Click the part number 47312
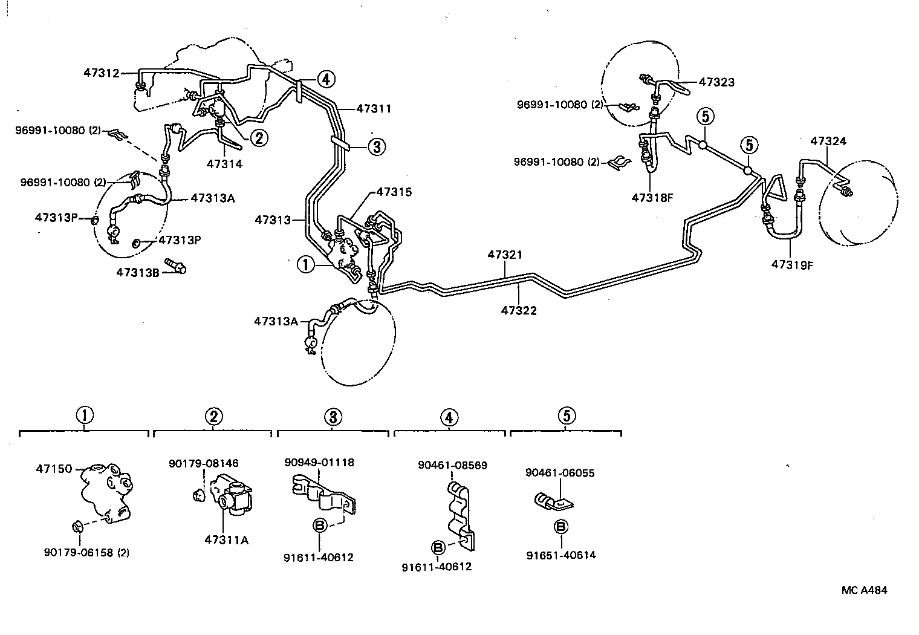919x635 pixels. (102, 73)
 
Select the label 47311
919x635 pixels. (373, 109)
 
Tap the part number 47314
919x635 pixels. (224, 163)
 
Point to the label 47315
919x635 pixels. (394, 192)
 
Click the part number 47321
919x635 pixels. (505, 255)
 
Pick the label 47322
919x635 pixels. (519, 311)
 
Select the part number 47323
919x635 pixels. (716, 82)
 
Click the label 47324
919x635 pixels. (828, 141)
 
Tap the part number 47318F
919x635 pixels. (652, 197)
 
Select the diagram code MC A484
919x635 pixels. (864, 590)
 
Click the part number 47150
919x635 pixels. (54, 469)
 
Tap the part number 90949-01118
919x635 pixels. (319, 463)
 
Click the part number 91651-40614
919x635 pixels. (560, 555)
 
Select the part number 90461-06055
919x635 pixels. (560, 473)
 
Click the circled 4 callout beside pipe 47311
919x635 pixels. (325, 79)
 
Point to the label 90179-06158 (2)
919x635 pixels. (87, 552)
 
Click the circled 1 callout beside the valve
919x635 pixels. (305, 264)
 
